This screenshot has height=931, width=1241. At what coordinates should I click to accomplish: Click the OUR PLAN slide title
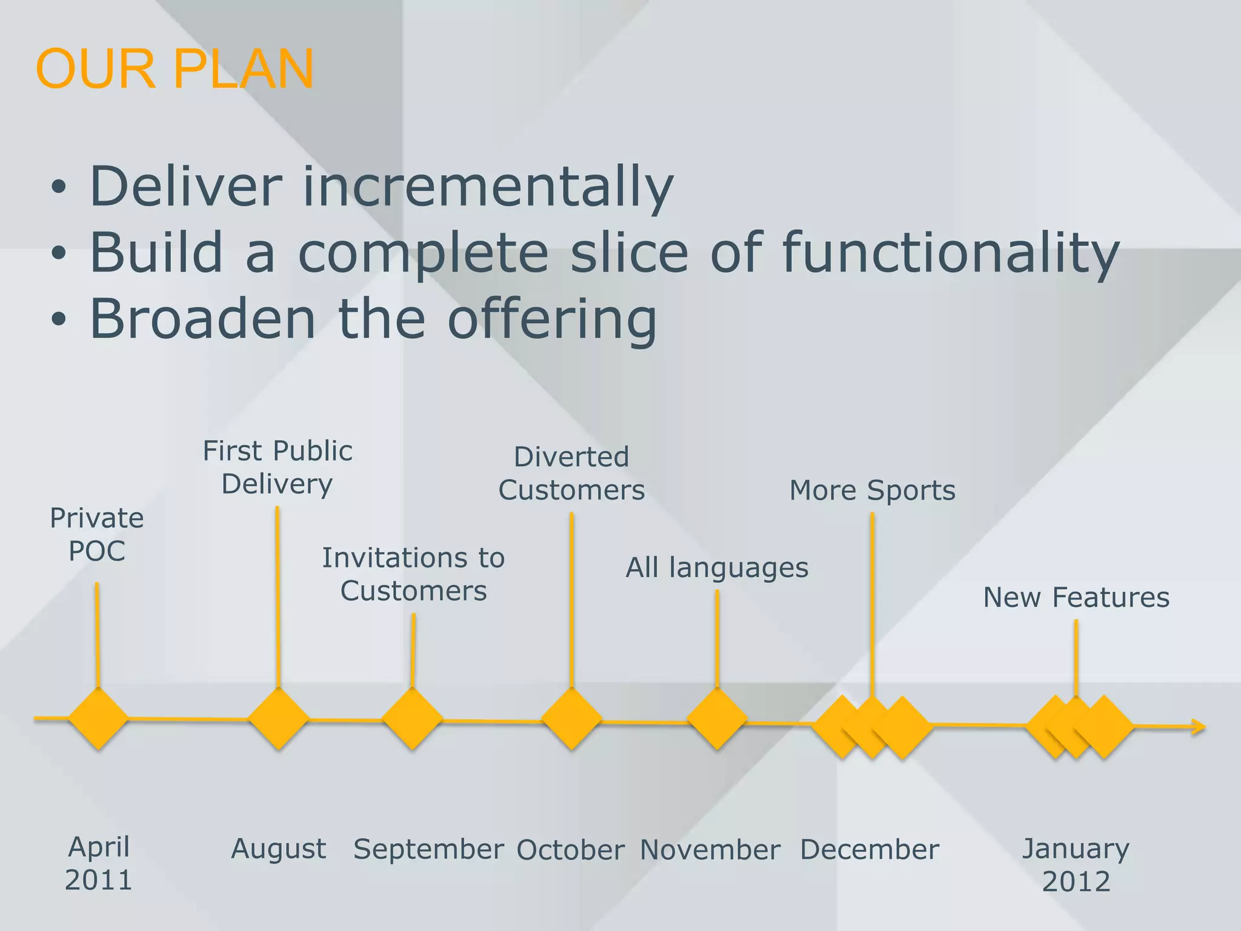click(x=175, y=69)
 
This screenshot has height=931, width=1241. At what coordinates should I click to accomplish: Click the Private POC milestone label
click(x=97, y=535)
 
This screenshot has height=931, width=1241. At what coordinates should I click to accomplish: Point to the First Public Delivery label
click(x=278, y=467)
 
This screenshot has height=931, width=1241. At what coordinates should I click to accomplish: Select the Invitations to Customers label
click(x=413, y=574)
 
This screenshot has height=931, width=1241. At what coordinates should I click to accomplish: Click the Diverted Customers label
click(x=571, y=473)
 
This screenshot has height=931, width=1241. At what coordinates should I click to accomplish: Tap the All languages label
click(x=717, y=568)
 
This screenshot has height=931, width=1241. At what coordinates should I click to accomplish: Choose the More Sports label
click(x=872, y=490)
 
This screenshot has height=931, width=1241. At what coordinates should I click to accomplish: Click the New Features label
click(x=1076, y=598)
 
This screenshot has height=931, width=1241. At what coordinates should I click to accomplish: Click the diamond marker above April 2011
click(x=98, y=719)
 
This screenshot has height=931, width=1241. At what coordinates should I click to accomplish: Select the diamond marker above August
click(x=278, y=719)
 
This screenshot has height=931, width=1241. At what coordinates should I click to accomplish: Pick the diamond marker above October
click(x=571, y=720)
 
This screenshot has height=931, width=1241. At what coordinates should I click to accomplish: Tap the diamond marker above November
click(x=717, y=720)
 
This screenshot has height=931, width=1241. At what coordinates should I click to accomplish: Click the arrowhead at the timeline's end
click(x=1199, y=727)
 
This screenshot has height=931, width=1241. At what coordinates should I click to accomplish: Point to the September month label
click(x=428, y=849)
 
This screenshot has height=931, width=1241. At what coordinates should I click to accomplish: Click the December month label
click(x=870, y=850)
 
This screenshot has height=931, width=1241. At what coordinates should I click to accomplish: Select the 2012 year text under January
click(x=1076, y=881)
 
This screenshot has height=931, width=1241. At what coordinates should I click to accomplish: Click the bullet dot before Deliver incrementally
click(x=58, y=188)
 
